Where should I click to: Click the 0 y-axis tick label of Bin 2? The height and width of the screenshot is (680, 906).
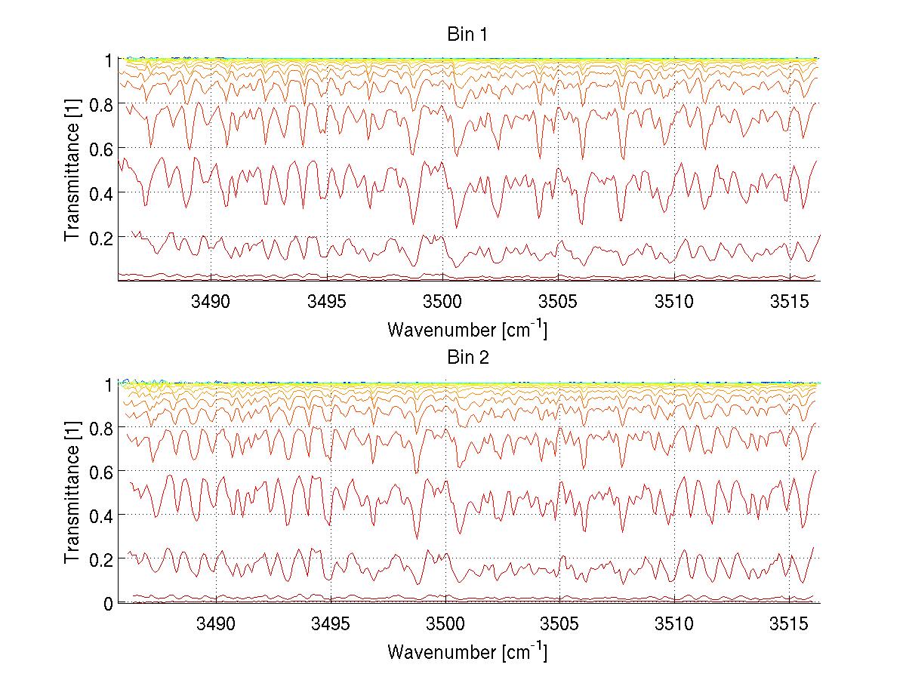[109, 603]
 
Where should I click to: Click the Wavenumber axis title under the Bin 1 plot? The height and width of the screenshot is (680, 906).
[467, 330]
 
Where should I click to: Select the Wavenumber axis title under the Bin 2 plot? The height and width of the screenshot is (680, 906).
[467, 652]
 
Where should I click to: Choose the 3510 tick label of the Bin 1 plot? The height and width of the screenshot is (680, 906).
[674, 303]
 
